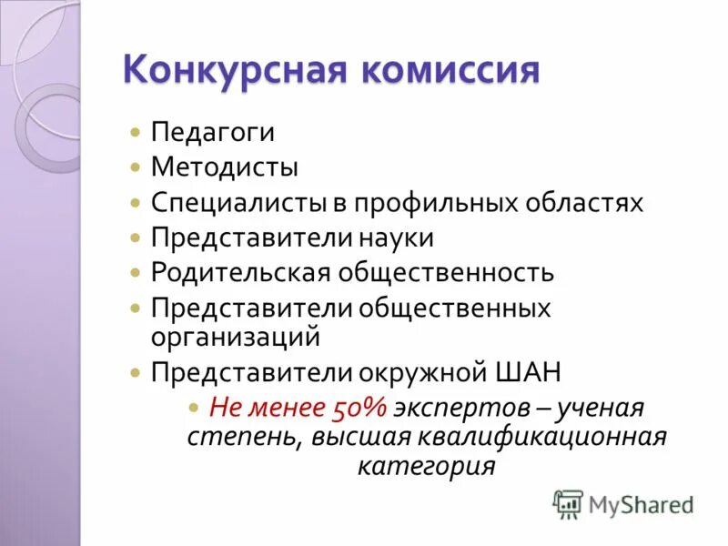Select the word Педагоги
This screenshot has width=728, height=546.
(x=212, y=132)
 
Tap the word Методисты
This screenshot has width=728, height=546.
(x=224, y=167)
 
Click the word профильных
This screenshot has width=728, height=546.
(x=418, y=202)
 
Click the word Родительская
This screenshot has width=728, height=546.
(x=241, y=272)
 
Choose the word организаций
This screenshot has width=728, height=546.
(x=236, y=336)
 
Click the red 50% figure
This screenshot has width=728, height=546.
(x=343, y=407)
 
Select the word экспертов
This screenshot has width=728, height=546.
(x=436, y=407)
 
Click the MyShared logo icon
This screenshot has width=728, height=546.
(x=569, y=503)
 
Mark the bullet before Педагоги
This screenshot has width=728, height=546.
(x=135, y=133)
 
